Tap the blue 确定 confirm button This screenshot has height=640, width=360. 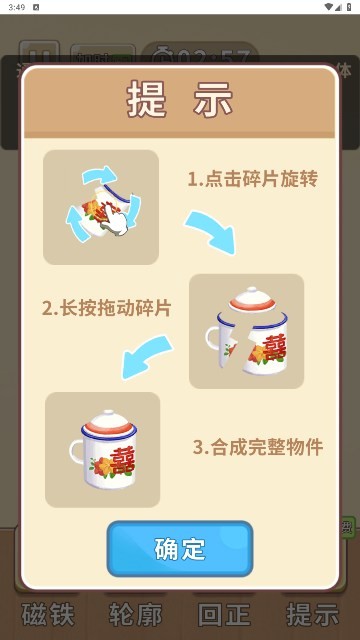[180, 548]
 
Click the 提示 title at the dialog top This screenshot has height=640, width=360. [180, 100]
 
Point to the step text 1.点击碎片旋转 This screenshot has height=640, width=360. [252, 179]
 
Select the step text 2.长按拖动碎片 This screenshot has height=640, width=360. [107, 308]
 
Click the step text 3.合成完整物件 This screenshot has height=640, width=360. [258, 446]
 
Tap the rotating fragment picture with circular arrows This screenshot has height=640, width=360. [101, 207]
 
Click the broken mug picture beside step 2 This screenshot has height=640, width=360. [246, 331]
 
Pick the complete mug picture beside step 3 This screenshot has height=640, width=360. [102, 449]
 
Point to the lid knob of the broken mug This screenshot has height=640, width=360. [251, 292]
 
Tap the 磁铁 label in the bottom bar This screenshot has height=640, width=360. [48, 613]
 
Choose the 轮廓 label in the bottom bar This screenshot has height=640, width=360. [134, 613]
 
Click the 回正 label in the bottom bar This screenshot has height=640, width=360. [223, 613]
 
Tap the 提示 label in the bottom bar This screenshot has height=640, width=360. [311, 613]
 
